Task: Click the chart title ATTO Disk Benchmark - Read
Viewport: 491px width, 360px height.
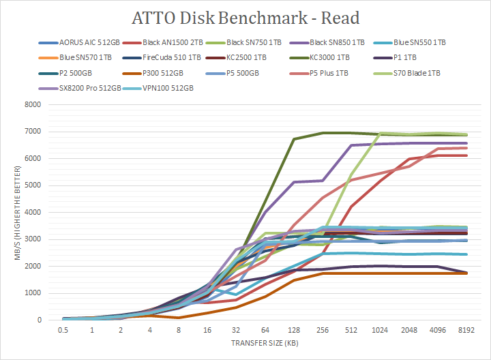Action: coord(245,18)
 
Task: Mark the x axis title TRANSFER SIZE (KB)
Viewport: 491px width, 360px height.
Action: coord(265,342)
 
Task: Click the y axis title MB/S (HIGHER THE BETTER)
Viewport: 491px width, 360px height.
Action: coord(12,212)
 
